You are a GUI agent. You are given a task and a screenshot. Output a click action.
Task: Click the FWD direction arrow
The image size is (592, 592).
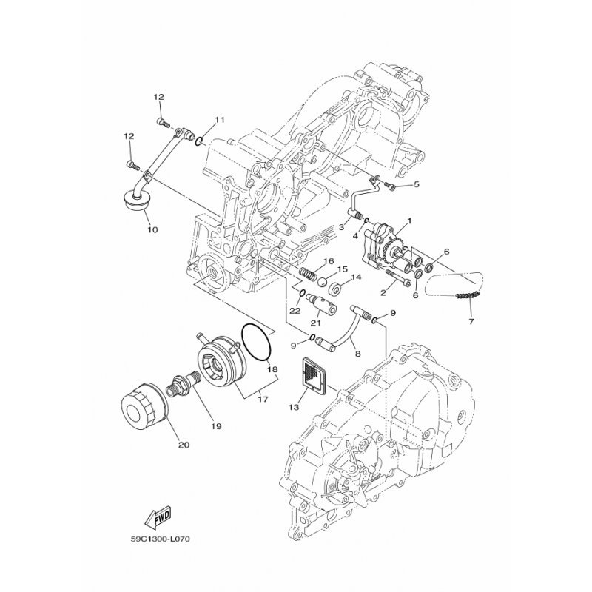(x=158, y=517)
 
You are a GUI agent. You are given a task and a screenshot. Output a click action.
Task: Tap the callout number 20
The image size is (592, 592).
(x=184, y=445)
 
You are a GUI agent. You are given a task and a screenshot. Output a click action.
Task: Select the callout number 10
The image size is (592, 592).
(x=152, y=229)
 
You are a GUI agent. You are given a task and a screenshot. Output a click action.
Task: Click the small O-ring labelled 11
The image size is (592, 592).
(x=200, y=141)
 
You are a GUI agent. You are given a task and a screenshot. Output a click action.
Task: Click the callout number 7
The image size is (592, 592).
(x=471, y=322)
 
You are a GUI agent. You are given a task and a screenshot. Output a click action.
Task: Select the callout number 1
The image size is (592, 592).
(x=409, y=221)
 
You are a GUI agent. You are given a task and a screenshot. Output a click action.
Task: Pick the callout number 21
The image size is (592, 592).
(x=316, y=323)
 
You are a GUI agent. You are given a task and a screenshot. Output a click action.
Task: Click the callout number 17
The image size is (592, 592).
(x=263, y=399)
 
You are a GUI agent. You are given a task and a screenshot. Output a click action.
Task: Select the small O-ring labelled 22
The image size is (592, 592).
(x=302, y=294)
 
